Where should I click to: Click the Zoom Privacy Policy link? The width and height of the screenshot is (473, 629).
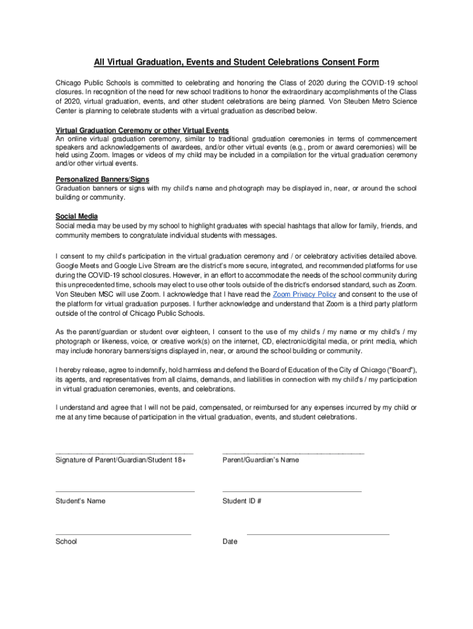[x=304, y=294]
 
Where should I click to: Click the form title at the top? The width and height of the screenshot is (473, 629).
[x=236, y=62]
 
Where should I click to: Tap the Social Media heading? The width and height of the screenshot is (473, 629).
[x=77, y=216]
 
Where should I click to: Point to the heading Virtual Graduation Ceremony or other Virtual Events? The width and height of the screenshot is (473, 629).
[x=143, y=130]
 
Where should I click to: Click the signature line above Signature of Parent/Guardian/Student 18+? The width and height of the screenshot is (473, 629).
[x=124, y=453]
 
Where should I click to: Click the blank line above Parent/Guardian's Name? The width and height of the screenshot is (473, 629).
[x=293, y=453]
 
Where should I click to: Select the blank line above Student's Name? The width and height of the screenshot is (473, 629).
[x=125, y=491]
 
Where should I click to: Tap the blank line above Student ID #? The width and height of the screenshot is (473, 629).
[x=292, y=491]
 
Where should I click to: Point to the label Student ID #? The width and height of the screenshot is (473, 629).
[x=242, y=501]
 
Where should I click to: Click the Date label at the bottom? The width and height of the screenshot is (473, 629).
[x=230, y=542]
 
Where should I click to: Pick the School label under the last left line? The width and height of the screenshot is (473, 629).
[x=66, y=542]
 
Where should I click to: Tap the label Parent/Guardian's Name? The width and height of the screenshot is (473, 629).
[x=260, y=460]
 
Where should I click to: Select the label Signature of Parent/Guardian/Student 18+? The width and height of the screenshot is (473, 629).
[x=120, y=460]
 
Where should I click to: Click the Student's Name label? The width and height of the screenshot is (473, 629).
[x=80, y=501]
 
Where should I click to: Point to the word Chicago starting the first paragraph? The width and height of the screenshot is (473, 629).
[x=69, y=82]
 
